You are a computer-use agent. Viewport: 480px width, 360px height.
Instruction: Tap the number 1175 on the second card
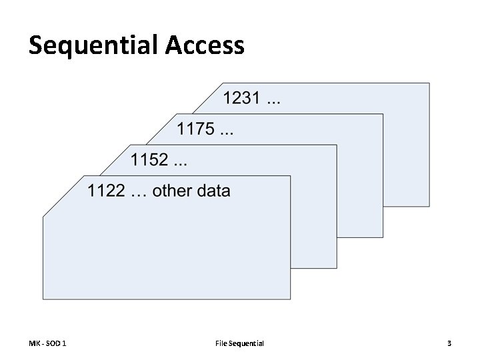pos(195,129)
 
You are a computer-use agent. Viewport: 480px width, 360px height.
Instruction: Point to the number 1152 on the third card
pos(149,160)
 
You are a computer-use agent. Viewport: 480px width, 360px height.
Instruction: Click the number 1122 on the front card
pos(106,191)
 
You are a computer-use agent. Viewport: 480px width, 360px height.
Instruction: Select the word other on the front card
pos(175,191)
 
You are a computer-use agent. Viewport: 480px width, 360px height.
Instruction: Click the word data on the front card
pos(214,191)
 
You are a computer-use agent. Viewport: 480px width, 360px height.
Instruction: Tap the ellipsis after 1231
pos(273,100)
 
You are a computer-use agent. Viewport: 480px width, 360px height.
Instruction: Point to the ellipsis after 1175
pos(227,129)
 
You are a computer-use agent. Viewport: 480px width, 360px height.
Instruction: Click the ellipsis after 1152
pos(181,161)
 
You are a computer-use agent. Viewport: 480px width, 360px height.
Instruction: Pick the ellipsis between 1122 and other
pos(139,192)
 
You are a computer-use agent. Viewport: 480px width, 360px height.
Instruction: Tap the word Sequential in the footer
pos(247,343)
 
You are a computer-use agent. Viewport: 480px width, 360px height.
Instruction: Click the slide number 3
pos(449,343)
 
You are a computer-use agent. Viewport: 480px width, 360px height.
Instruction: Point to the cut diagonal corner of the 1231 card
pos(206,95)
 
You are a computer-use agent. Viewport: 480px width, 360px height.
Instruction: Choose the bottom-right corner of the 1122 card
pos(290,297)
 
